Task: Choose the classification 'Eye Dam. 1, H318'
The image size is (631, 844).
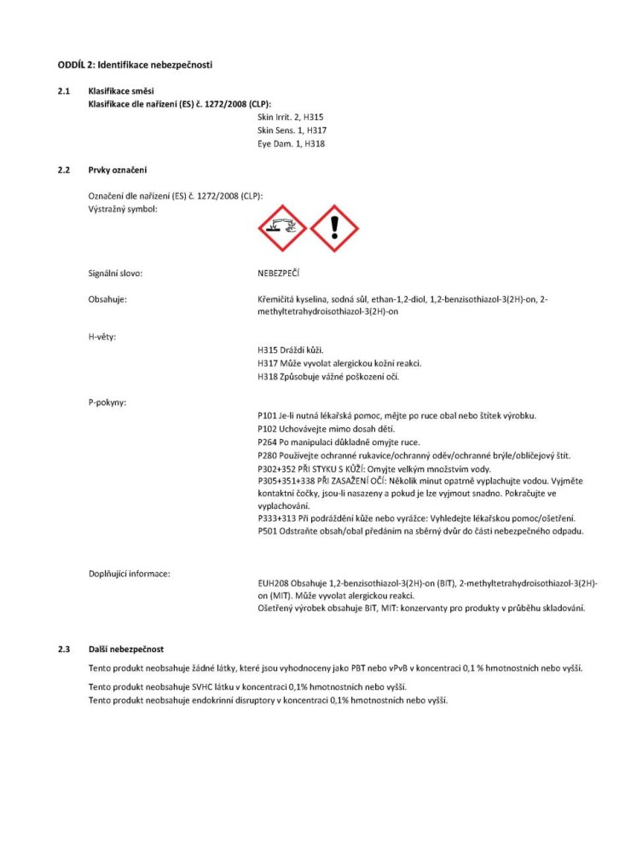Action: tap(291, 144)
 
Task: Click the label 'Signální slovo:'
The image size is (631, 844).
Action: tap(115, 274)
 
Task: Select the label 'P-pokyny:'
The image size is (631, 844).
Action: tap(107, 402)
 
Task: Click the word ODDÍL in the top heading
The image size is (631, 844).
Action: tap(71, 65)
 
